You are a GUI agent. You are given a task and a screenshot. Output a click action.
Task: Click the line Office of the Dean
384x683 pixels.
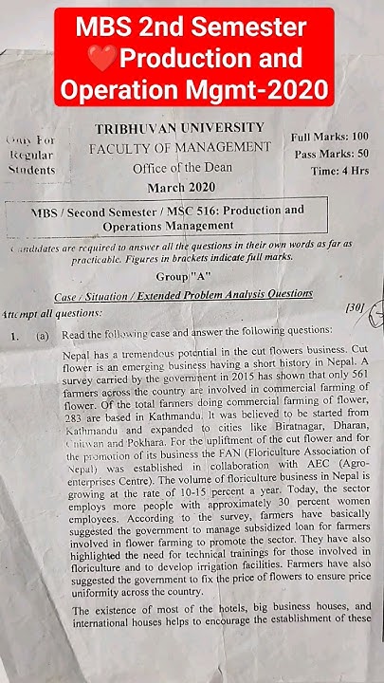pos(180,167)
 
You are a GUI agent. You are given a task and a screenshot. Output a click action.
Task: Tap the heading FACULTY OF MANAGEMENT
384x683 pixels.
pos(180,148)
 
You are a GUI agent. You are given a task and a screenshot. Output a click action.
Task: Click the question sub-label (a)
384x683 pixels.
pos(44,335)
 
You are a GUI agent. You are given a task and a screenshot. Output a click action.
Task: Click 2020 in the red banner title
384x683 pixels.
pos(302,91)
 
